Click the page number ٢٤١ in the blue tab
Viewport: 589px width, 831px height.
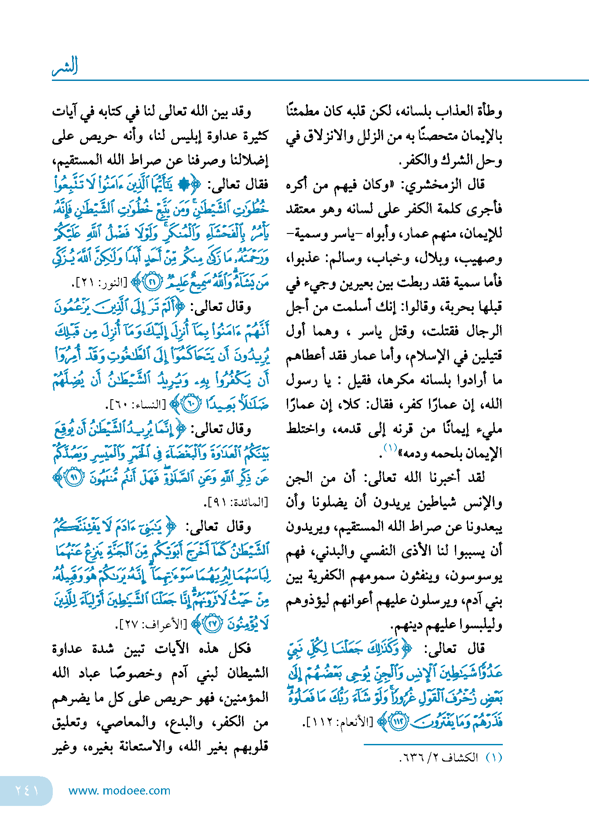(27, 790)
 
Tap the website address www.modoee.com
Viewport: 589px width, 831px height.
(119, 791)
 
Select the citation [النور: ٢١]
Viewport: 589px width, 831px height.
(99, 283)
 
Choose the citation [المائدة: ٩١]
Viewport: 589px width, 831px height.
(237, 502)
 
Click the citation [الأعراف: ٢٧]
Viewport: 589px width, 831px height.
(152, 624)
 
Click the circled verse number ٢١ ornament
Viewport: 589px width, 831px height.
(153, 283)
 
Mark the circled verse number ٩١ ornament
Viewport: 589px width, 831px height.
(74, 478)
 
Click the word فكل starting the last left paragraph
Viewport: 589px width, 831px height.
(240, 649)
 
